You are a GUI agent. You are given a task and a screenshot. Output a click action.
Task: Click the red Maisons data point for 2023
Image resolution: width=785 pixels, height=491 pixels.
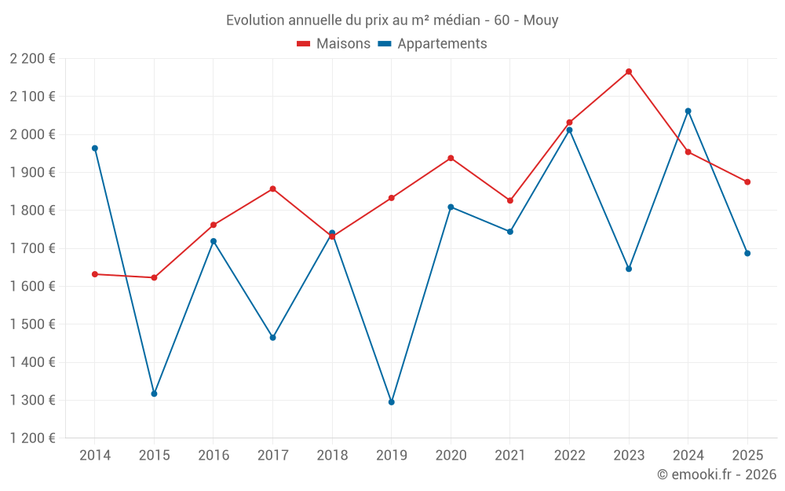click(x=629, y=71)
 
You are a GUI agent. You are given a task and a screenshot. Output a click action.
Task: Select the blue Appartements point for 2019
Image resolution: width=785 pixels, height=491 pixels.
click(x=392, y=402)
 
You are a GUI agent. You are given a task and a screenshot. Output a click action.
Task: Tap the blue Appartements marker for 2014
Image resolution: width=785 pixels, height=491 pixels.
click(x=95, y=148)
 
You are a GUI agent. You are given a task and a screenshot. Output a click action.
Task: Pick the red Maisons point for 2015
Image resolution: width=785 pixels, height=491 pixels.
click(x=154, y=277)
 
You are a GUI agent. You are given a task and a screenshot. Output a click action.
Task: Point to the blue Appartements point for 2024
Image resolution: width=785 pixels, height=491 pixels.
click(x=688, y=111)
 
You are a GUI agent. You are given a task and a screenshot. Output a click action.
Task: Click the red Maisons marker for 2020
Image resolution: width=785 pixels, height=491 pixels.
click(x=451, y=158)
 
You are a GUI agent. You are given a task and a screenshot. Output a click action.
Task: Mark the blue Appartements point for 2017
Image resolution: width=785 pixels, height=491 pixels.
click(x=272, y=337)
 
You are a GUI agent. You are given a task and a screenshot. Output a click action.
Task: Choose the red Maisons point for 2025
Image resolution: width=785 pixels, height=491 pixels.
click(x=747, y=181)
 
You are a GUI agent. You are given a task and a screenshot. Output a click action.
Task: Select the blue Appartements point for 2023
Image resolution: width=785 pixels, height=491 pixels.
click(x=629, y=269)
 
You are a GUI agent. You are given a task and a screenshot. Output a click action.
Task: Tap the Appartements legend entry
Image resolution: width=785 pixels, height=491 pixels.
click(x=433, y=44)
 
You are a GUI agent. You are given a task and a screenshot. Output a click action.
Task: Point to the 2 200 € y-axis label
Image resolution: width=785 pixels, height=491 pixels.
click(x=32, y=58)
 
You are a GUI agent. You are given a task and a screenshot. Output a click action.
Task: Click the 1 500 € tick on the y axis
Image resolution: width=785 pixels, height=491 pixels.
click(x=32, y=324)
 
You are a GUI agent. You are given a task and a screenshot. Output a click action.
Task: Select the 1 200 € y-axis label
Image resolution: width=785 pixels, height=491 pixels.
click(x=32, y=438)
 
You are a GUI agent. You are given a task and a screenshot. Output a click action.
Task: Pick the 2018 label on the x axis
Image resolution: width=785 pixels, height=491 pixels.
click(x=332, y=455)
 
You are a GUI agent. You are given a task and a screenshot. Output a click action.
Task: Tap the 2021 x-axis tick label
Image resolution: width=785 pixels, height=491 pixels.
click(x=510, y=455)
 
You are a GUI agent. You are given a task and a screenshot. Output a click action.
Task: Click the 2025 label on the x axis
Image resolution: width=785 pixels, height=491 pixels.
click(x=747, y=455)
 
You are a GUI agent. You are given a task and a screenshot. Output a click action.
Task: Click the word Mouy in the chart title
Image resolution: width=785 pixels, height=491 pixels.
click(x=542, y=20)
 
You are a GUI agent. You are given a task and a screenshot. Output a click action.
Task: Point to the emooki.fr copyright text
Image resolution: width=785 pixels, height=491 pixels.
click(x=717, y=475)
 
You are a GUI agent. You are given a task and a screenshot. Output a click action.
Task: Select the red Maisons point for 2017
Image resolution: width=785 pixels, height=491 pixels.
click(x=272, y=189)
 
